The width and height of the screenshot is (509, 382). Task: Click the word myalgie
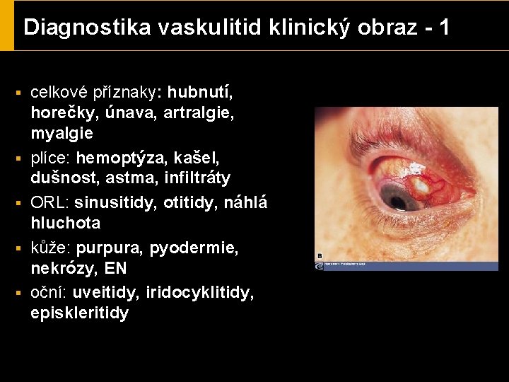62,133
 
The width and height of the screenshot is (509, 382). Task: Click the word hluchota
66,223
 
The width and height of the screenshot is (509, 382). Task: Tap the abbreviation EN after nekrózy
115,269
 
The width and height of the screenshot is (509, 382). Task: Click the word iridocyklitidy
199,292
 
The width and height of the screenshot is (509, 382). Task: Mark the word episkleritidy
80,313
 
